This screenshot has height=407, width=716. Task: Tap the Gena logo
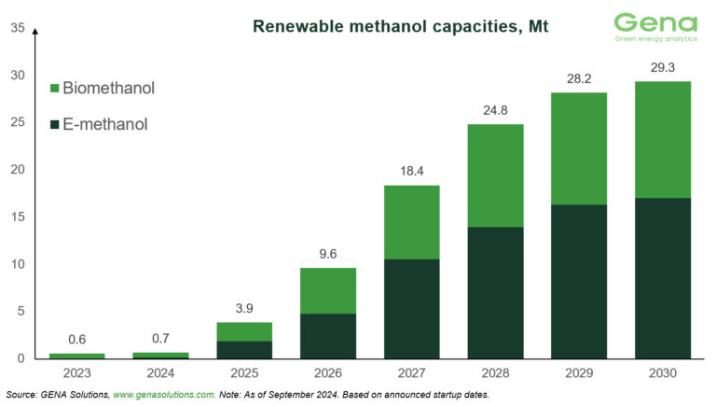(656, 27)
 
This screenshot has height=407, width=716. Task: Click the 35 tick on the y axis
(18, 28)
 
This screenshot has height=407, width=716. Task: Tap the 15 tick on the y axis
(18, 218)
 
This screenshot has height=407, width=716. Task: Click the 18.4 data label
(411, 170)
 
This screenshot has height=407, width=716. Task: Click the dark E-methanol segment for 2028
(496, 292)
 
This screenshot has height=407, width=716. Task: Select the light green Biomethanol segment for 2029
(580, 148)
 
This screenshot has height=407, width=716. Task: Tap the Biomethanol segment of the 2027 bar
(411, 222)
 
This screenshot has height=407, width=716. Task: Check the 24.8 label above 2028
(496, 109)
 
